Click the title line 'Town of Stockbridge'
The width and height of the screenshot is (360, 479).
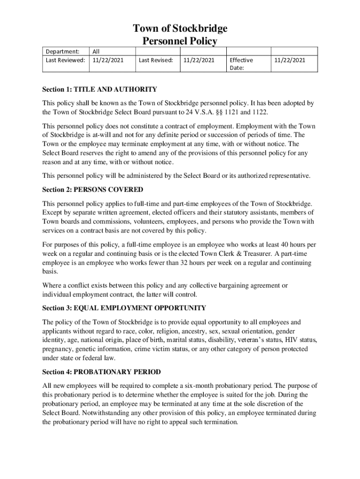coord(180,29)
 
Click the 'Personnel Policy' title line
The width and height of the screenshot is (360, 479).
coord(180,42)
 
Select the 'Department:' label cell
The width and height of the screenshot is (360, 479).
coord(62,51)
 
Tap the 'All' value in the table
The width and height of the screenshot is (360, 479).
coord(96,51)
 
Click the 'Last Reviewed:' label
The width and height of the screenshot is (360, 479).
coord(65,60)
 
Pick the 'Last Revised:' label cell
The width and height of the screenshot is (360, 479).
coord(156,60)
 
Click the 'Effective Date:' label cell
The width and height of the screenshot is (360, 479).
coord(241,64)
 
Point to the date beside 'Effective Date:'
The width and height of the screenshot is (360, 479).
coord(290,60)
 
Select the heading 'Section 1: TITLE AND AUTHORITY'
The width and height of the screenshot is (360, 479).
coord(100,89)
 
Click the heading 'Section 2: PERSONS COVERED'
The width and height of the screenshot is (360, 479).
coord(93,189)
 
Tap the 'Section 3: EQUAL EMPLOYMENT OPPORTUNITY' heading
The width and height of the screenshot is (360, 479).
coord(124,308)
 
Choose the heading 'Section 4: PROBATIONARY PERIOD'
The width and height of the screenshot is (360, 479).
coord(101,372)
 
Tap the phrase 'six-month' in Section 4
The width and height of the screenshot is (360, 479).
coord(194,386)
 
